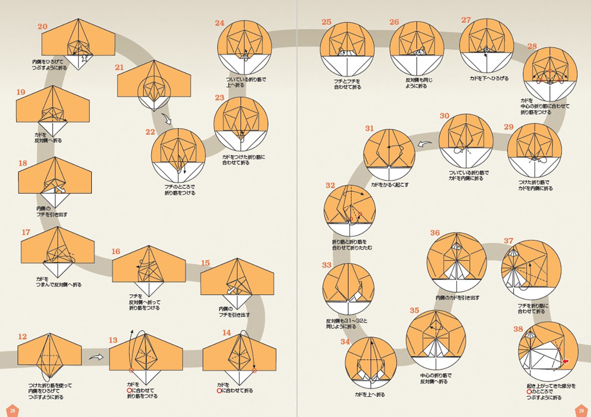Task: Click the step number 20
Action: point(43,26)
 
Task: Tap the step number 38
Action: point(518,329)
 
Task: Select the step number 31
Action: point(369,128)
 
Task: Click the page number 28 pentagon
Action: point(12,410)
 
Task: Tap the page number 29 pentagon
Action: point(581,410)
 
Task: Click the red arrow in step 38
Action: point(565,361)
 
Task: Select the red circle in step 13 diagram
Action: point(131,370)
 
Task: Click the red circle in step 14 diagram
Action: point(254,370)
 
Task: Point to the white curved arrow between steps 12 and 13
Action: point(96,358)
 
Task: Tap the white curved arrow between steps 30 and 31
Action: point(425,144)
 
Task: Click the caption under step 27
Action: point(489,78)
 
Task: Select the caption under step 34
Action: point(370,395)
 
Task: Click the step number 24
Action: point(220,23)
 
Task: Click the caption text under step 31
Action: point(390,185)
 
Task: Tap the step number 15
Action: point(205,263)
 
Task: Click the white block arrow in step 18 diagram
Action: point(61,189)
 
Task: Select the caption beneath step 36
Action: point(457,298)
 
